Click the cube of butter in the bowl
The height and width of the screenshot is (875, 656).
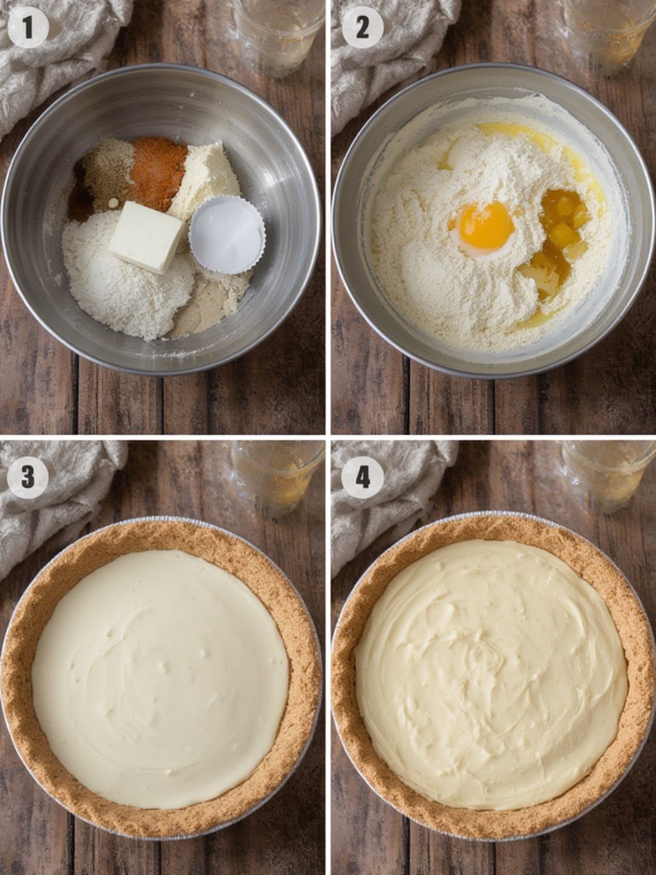tap(147, 236)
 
